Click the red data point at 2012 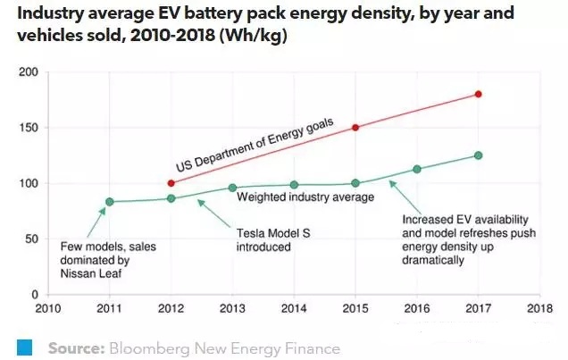pos(171,183)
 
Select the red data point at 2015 pos(355,127)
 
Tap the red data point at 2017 pos(479,94)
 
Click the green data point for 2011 pos(110,202)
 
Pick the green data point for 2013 pos(232,188)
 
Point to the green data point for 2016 pos(417,170)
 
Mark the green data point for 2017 pos(479,155)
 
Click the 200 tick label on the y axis pos(28,71)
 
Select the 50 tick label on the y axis pos(30,239)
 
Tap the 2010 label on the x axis pos(48,308)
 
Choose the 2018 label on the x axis pos(540,308)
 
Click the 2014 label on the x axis pos(294,308)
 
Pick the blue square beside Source pos(25,346)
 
